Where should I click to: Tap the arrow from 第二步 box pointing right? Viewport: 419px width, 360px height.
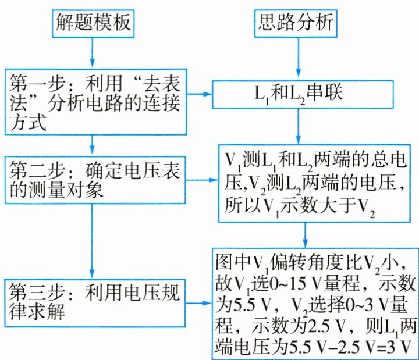click(198, 179)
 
